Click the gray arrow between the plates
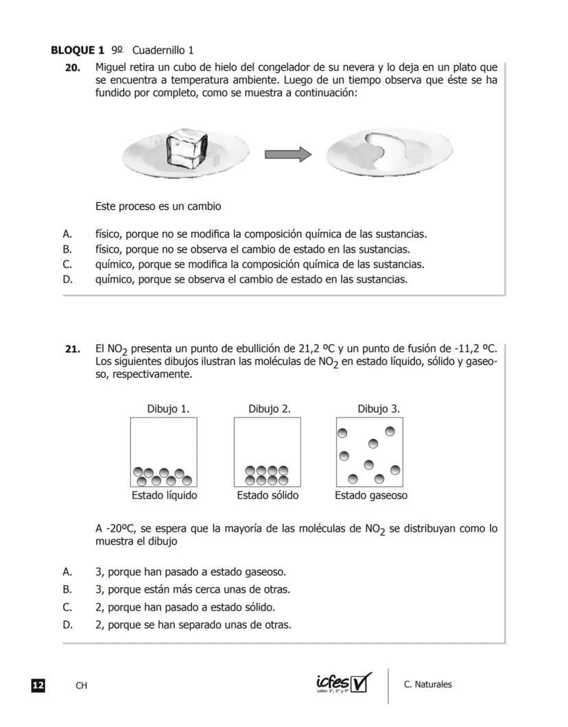[287, 154]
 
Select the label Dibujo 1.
[168, 409]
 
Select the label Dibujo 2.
[270, 409]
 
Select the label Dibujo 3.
[379, 409]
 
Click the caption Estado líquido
[165, 495]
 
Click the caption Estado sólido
[268, 495]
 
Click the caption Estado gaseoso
[371, 495]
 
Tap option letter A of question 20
[67, 234]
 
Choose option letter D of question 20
[67, 279]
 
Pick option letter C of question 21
[67, 607]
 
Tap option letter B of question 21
[67, 589]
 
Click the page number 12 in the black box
[38, 685]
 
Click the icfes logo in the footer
[344, 682]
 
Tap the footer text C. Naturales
[428, 684]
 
